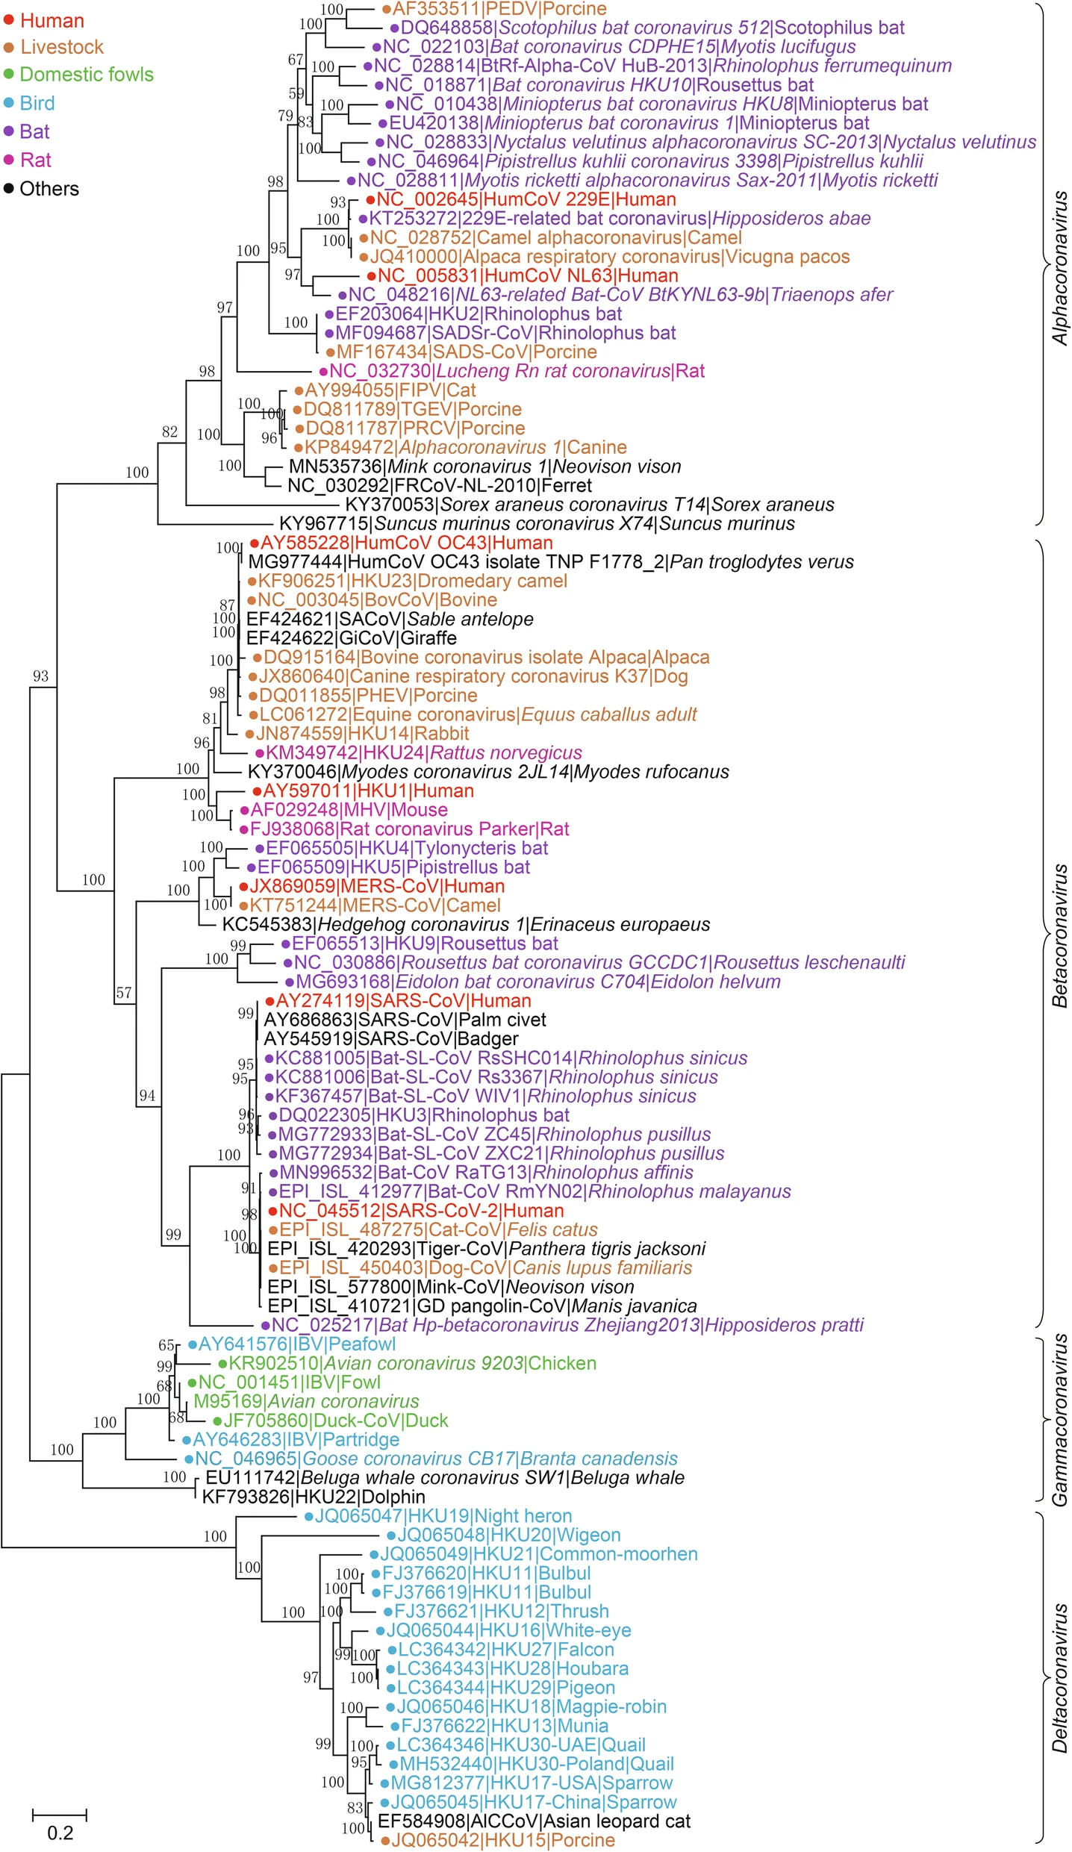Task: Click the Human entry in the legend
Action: point(52,21)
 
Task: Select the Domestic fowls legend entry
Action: point(86,75)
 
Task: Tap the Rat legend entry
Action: point(35,160)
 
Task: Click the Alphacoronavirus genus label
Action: point(1059,269)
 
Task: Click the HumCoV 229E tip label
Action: point(526,200)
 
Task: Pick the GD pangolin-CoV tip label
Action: point(482,1306)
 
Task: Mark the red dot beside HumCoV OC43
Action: point(255,543)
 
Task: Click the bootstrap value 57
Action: point(124,993)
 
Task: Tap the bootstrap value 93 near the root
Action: point(40,676)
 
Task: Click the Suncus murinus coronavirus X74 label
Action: point(537,524)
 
